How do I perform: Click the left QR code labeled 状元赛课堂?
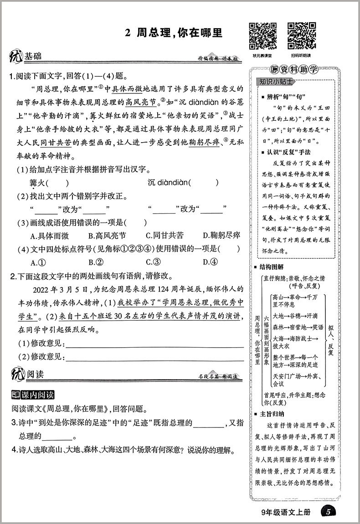pos(262,36)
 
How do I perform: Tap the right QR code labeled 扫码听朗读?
pos(301,36)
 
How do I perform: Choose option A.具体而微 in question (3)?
pos(49,236)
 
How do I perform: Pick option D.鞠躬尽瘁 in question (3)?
pos(221,236)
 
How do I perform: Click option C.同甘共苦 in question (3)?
pos(165,236)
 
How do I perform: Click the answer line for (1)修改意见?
pos(153,343)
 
